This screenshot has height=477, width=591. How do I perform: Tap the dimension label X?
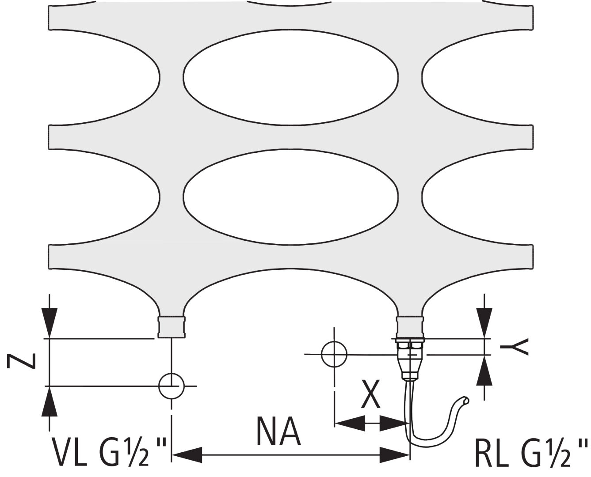click(x=370, y=394)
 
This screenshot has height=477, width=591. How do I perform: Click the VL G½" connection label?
click(x=109, y=451)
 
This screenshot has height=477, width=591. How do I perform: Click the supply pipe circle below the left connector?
click(x=172, y=386)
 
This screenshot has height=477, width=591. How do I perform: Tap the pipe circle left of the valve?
click(x=334, y=354)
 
